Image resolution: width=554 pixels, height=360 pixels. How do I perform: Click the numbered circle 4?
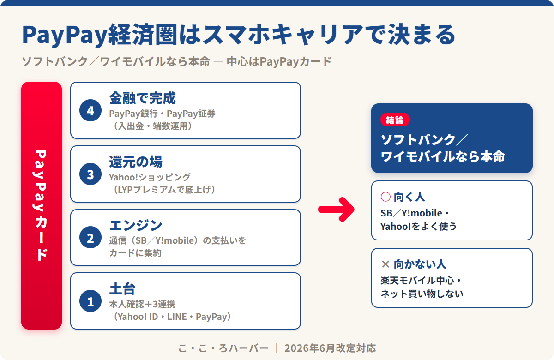pyautogui.click(x=90, y=110)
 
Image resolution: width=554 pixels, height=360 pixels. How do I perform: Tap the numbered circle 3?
pyautogui.click(x=90, y=174)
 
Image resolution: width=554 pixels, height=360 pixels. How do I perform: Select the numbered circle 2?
pyautogui.click(x=90, y=237)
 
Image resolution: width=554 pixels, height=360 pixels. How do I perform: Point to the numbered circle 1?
pyautogui.click(x=90, y=301)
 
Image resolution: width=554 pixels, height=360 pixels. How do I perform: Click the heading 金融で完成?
pyautogui.click(x=143, y=98)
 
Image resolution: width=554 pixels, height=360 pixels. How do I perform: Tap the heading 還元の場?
pyautogui.click(x=136, y=162)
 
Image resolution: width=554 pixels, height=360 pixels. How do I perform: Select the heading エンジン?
pyautogui.click(x=136, y=225)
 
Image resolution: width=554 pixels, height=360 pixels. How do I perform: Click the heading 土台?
pyautogui.click(x=122, y=288)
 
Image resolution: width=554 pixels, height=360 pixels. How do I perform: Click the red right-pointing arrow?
pyautogui.click(x=336, y=210)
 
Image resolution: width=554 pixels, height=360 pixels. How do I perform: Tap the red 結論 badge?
pyautogui.click(x=395, y=120)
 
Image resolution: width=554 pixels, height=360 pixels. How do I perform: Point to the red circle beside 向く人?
pyautogui.click(x=385, y=197)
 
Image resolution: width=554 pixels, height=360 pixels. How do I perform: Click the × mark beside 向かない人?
pyautogui.click(x=385, y=264)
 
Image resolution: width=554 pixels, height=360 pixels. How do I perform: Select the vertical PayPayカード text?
pyautogui.click(x=41, y=205)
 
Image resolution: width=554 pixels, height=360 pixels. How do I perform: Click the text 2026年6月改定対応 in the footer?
pyautogui.click(x=330, y=348)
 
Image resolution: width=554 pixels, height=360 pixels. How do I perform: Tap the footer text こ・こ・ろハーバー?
pyautogui.click(x=223, y=348)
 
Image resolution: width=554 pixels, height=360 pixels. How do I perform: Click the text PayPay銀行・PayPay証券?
pyautogui.click(x=162, y=114)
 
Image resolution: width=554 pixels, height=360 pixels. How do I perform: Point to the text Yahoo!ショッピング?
pyautogui.click(x=150, y=177)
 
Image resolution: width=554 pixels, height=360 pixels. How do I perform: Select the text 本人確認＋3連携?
pyautogui.click(x=143, y=304)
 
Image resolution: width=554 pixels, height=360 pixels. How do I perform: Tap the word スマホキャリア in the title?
pyautogui.click(x=283, y=35)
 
